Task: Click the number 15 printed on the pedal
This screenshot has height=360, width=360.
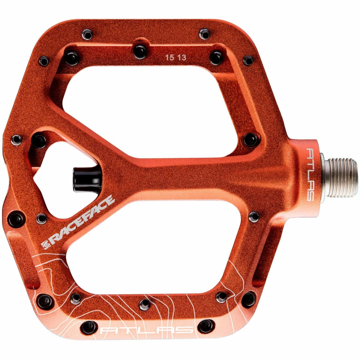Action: point(169,57)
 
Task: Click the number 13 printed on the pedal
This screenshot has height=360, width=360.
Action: point(181,57)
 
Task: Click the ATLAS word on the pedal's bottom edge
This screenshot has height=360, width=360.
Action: point(147,330)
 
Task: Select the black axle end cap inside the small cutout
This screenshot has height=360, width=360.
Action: point(87,179)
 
